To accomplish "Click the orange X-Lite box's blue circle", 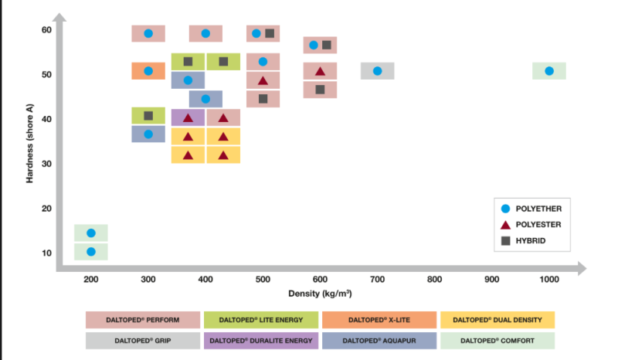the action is pyautogui.click(x=148, y=71).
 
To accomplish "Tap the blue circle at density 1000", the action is pyautogui.click(x=549, y=71).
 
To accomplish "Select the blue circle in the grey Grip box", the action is pyautogui.click(x=377, y=71).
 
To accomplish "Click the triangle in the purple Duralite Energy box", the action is pyautogui.click(x=188, y=117).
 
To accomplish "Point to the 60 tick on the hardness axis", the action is pyautogui.click(x=46, y=30).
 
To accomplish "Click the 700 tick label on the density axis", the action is pyautogui.click(x=377, y=280).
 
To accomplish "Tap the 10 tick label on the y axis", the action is pyautogui.click(x=46, y=253).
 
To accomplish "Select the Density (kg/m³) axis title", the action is pyautogui.click(x=320, y=294).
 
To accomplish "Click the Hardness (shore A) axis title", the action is pyautogui.click(x=29, y=144).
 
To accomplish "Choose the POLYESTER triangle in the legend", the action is pyautogui.click(x=505, y=225).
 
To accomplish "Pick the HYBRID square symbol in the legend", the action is pyautogui.click(x=505, y=241).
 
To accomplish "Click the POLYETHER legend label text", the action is pyautogui.click(x=538, y=209).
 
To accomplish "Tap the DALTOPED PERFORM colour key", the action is pyautogui.click(x=143, y=320).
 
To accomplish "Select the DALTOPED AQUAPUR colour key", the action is pyautogui.click(x=379, y=341).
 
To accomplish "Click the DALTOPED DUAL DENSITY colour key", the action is pyautogui.click(x=497, y=320).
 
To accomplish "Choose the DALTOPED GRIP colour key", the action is pyautogui.click(x=143, y=341).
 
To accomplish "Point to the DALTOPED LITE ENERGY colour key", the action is pyautogui.click(x=261, y=320).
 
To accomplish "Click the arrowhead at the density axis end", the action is pyautogui.click(x=582, y=268).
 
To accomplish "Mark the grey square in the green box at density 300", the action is pyautogui.click(x=148, y=116).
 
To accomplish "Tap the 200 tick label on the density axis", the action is pyautogui.click(x=90, y=280).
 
